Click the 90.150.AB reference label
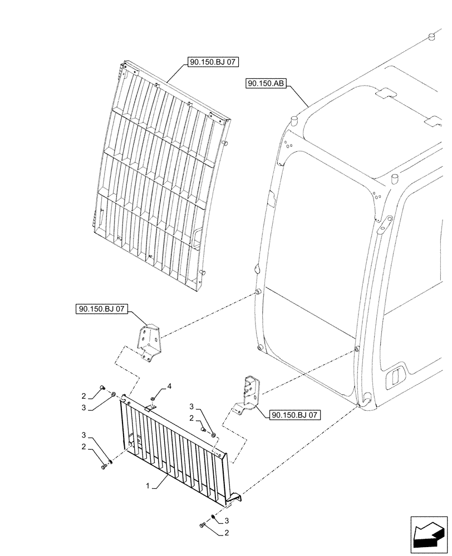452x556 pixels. pos(265,84)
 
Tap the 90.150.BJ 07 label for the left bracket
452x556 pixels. pos(101,310)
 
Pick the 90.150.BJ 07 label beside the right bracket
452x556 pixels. pos(296,414)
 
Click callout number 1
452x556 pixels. pos(148,486)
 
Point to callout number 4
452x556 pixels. pos(170,386)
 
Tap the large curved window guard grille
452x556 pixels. pos(161,178)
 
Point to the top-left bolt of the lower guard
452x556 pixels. pos(101,388)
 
